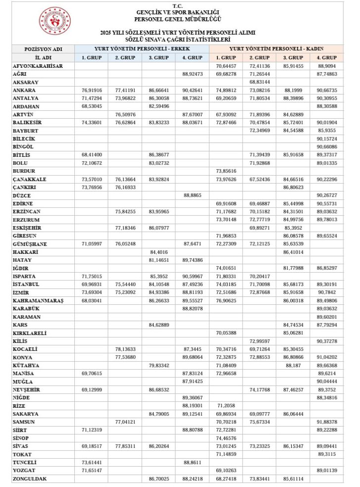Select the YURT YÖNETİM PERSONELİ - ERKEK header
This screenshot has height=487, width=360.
pyautogui.click(x=142, y=49)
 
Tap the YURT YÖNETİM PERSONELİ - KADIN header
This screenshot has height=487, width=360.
pyautogui.click(x=276, y=49)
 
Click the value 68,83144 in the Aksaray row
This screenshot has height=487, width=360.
pyautogui.click(x=259, y=82)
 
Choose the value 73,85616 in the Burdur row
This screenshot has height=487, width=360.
pyautogui.click(x=226, y=171)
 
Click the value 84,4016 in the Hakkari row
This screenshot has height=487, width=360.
pyautogui.click(x=158, y=252)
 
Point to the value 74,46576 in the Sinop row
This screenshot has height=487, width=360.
pyautogui.click(x=226, y=438)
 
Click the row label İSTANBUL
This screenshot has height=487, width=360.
pyautogui.click(x=26, y=285)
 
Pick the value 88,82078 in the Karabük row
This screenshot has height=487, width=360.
pyautogui.click(x=192, y=309)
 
